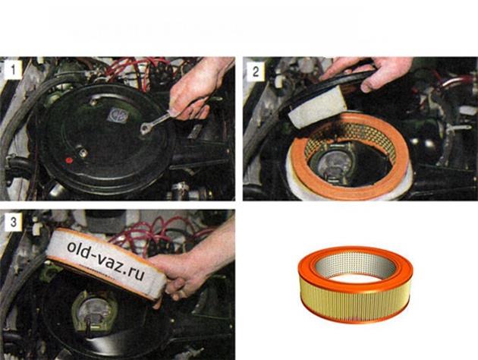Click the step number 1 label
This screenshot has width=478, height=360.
(x=13, y=70)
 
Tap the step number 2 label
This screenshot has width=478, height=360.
(x=256, y=71)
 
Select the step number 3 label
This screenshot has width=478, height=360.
(x=13, y=222)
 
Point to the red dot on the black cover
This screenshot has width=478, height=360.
(x=69, y=160)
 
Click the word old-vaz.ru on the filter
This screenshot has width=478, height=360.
(x=105, y=261)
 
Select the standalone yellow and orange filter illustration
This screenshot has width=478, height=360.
(x=355, y=284)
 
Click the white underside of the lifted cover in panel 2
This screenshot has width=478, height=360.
(x=317, y=106)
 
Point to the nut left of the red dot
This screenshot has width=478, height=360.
(x=83, y=153)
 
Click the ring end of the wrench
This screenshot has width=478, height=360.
(x=145, y=129)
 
